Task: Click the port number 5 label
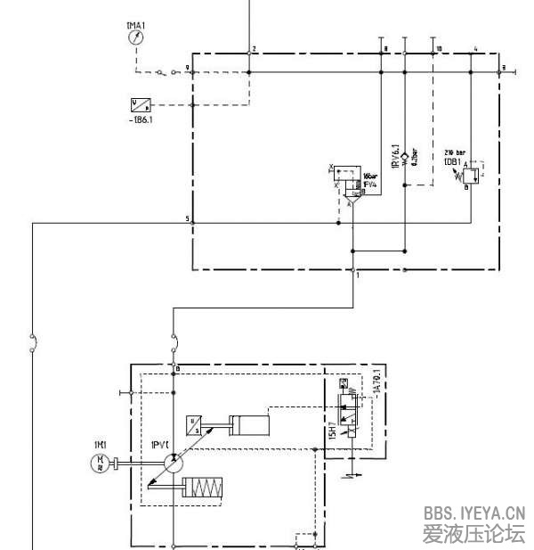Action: [x=187, y=218]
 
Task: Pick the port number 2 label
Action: [x=255, y=48]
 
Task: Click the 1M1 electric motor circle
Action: [x=100, y=462]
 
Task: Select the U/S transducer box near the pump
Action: [x=192, y=424]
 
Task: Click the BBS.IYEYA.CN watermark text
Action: [x=474, y=513]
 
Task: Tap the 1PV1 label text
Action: [x=161, y=443]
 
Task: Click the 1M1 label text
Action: [x=100, y=443]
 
